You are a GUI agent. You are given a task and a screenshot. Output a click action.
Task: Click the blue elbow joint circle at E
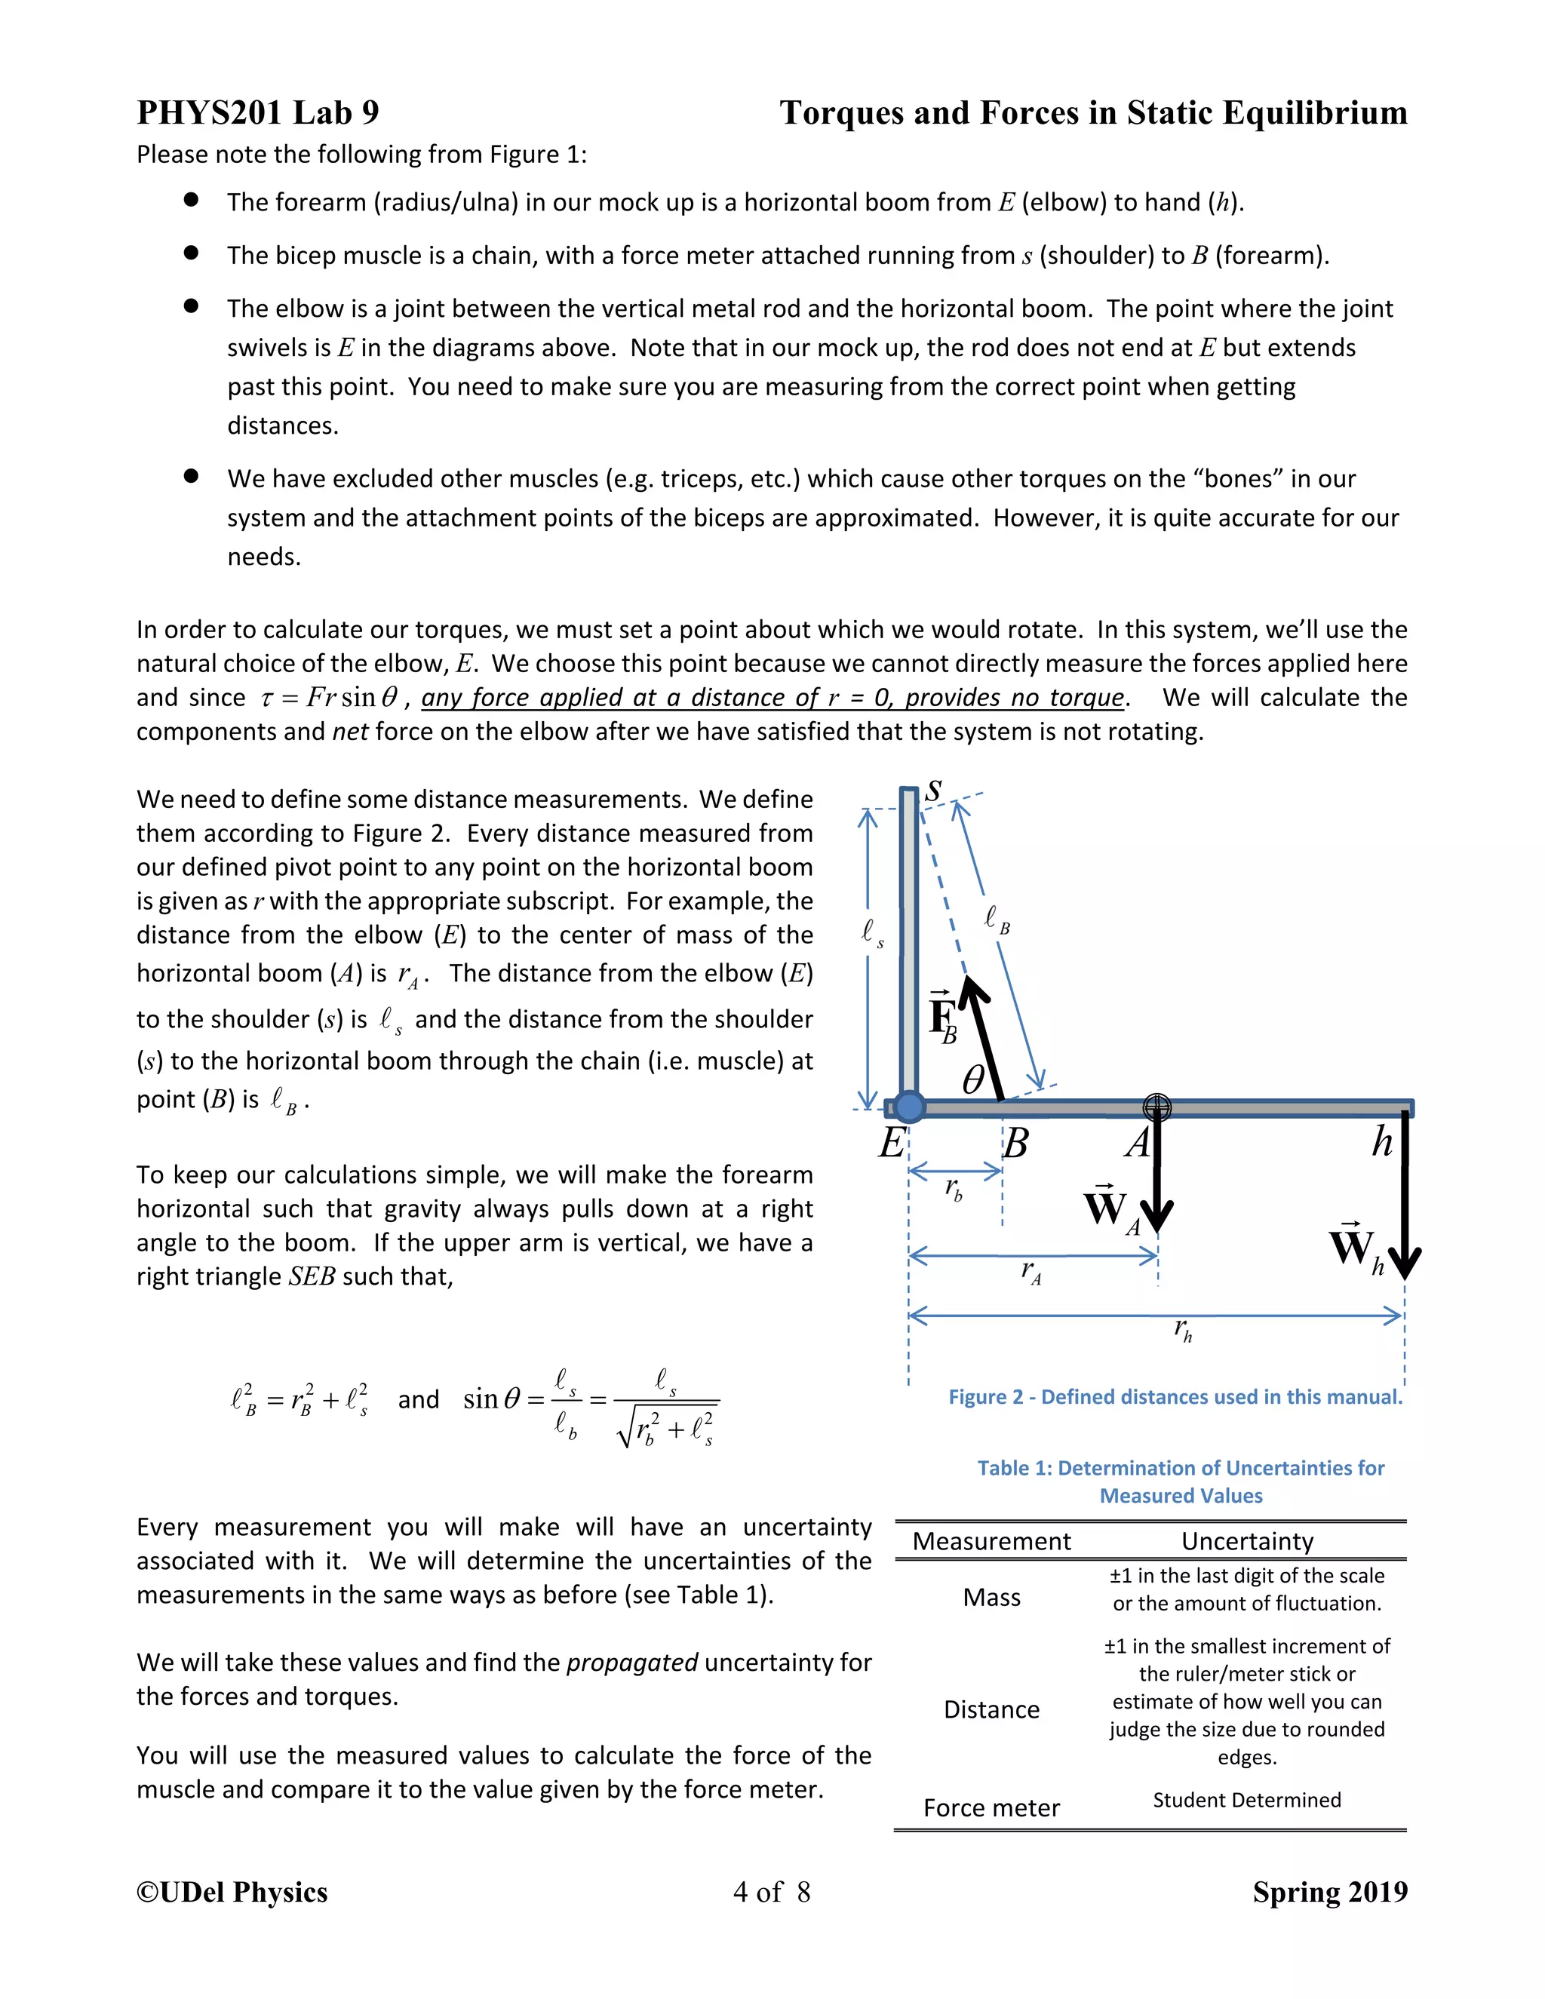909,1107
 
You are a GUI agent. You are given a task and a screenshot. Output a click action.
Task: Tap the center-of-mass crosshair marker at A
1157,1107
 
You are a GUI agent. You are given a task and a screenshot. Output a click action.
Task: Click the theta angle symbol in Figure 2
974,1080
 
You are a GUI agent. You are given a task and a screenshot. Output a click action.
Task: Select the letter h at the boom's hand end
1382,1141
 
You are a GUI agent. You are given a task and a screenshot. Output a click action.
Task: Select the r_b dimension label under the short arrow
954,1189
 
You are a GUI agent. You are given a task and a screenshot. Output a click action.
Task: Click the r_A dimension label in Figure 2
1031,1271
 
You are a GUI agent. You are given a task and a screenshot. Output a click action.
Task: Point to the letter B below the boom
1015,1143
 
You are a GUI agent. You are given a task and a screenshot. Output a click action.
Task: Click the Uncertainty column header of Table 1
1246,1541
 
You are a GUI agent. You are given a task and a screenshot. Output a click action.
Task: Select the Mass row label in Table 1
991,1597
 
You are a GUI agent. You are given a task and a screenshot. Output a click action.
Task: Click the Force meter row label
991,1807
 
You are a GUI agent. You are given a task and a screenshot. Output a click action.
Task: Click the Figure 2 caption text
1175,1397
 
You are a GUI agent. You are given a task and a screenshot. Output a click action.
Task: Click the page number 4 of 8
772,1892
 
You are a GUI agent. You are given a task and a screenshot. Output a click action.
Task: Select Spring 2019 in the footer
1329,1892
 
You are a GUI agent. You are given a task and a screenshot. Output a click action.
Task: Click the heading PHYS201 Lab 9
258,112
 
